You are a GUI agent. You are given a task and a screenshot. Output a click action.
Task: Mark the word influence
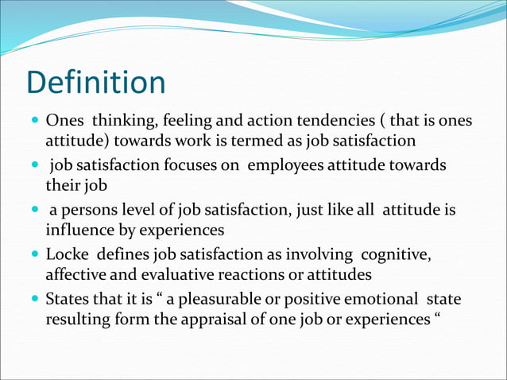[x=76, y=230]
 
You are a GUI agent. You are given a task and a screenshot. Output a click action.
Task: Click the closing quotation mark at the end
[x=436, y=317]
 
